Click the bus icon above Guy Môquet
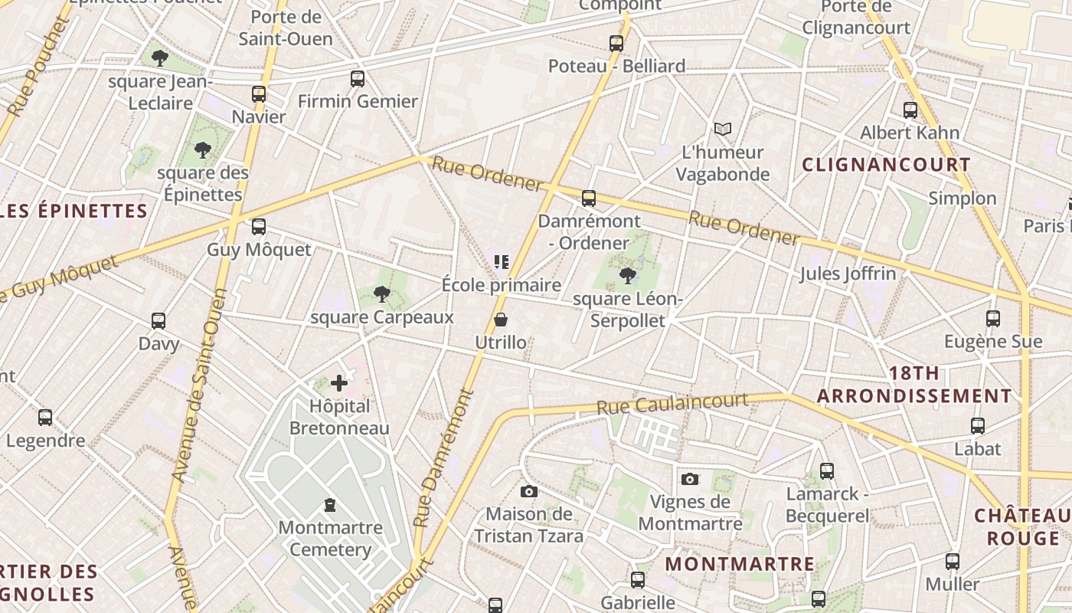tap(259, 227)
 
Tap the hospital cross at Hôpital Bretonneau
tap(339, 382)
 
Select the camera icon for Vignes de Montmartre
tap(690, 479)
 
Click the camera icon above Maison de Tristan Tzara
tap(528, 491)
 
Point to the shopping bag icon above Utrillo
tap(501, 320)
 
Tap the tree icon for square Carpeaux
tap(381, 293)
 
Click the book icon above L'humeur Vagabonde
tap(723, 129)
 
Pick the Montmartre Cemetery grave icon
tap(330, 504)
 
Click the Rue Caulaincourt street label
tap(672, 403)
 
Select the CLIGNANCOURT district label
tap(886, 165)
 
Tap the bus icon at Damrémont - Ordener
tap(588, 198)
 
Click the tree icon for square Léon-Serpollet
tap(628, 275)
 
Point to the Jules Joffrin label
tap(848, 274)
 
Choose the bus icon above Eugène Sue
tap(993, 318)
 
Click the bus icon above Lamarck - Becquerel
tap(827, 470)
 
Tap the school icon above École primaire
tap(502, 262)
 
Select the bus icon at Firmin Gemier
tap(358, 78)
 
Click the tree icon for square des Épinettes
tap(203, 149)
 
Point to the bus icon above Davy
tap(159, 320)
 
